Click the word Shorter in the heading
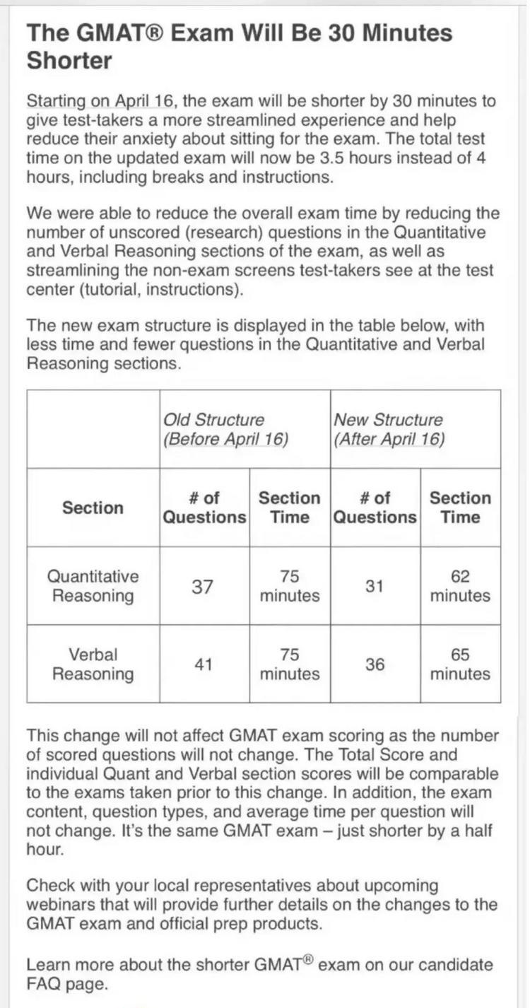point(69,61)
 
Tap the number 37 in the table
point(203,586)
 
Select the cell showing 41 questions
point(204,664)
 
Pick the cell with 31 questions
point(375,586)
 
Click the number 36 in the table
point(375,664)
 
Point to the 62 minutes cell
point(460,586)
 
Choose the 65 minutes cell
point(460,664)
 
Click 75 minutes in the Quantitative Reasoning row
point(289,586)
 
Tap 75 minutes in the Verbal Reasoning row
point(289,664)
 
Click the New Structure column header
point(389,429)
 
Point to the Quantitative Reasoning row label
point(93,586)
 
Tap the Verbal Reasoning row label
point(93,664)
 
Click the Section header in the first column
point(93,508)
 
